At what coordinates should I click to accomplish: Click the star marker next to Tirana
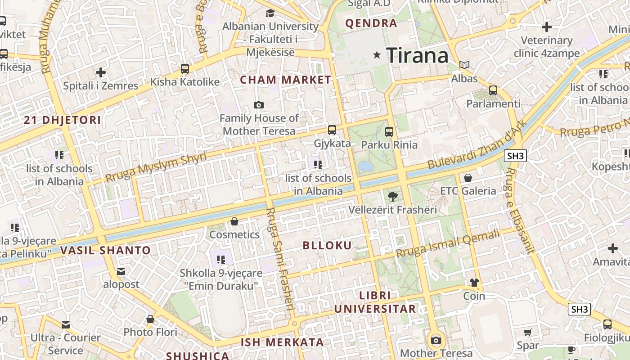point(377,55)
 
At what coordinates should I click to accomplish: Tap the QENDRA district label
point(371,23)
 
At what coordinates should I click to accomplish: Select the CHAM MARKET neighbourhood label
point(285,80)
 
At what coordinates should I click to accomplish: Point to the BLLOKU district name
point(327,245)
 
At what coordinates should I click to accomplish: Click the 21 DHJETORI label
point(62,120)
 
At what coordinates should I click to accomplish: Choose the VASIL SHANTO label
point(105,251)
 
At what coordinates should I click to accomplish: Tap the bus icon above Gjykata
point(332,130)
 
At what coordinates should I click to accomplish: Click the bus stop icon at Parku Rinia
point(389,132)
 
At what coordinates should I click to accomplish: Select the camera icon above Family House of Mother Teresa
point(259,105)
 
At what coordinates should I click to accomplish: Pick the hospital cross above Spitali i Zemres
point(101,72)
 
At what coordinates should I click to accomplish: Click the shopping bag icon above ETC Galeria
point(468,178)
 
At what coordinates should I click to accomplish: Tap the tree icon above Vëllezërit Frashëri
point(393,196)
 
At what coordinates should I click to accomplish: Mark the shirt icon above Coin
point(474,283)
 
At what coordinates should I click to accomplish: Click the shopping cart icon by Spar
point(528,333)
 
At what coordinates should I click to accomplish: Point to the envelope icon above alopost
point(121,271)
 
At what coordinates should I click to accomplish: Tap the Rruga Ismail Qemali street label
point(448,243)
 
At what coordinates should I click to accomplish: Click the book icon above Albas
point(464,65)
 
